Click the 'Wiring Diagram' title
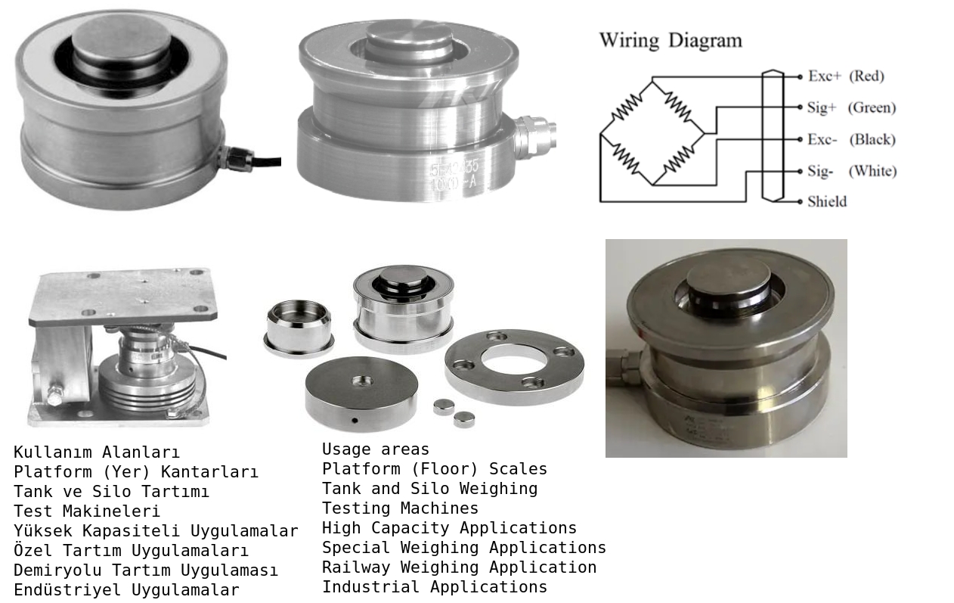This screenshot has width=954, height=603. [x=671, y=40]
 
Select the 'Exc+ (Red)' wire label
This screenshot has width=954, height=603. [x=845, y=76]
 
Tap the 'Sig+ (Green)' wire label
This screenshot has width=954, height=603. [x=850, y=107]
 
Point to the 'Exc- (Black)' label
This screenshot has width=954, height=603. [x=850, y=139]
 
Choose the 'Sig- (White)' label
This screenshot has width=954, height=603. [x=851, y=171]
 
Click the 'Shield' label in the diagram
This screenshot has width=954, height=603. [x=826, y=201]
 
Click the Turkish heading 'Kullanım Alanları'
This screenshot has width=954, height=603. [x=97, y=452]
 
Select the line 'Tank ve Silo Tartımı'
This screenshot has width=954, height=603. [x=111, y=492]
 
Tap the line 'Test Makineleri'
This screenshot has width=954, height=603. [x=87, y=511]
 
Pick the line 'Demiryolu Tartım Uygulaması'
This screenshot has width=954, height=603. [x=145, y=570]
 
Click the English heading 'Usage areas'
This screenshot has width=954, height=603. [x=376, y=449]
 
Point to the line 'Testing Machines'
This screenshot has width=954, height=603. [x=400, y=508]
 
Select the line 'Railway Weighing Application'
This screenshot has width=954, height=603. [x=459, y=567]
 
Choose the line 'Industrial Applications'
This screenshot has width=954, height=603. [x=435, y=587]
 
